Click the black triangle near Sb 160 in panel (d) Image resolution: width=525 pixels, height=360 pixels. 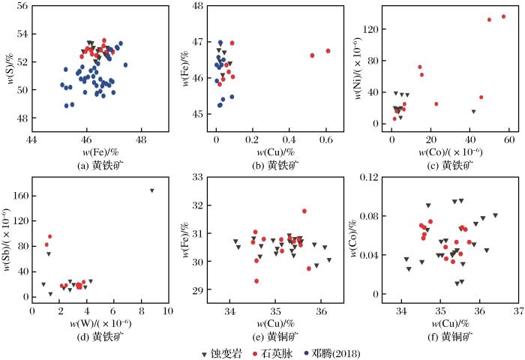point(152,190)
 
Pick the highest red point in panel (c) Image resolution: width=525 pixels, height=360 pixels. point(504,16)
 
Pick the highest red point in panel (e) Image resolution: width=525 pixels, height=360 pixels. point(304,211)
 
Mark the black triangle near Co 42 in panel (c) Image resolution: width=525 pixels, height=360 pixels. point(473,112)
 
